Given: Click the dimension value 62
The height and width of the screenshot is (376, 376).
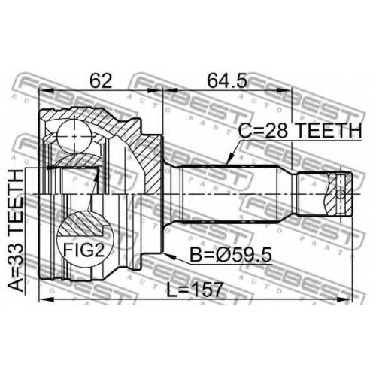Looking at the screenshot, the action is pos(101,80).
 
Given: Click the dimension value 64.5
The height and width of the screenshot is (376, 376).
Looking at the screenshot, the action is pos(227,80).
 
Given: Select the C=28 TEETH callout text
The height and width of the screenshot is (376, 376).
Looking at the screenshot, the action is pos(300,130).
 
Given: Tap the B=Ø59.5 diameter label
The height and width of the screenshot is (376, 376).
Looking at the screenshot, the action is pos(231,255).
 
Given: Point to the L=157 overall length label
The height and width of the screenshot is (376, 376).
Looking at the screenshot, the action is pos(195,290).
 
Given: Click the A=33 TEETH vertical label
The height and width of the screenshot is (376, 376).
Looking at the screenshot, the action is pos(16,231).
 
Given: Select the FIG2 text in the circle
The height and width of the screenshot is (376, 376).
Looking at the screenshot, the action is pos(83,250).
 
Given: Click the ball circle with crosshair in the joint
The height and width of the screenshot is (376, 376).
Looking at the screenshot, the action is pos(74,136).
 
